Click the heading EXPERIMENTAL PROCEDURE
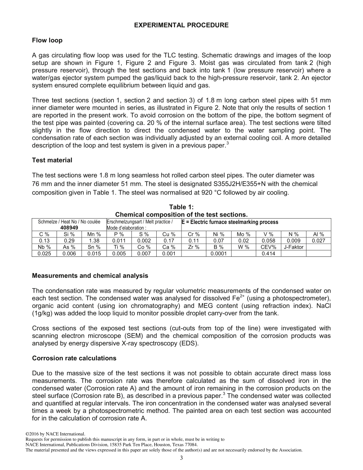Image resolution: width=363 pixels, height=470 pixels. pos(181,25)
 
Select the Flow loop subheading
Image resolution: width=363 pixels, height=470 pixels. pos(47,40)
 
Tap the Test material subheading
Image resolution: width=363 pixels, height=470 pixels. pos(52,160)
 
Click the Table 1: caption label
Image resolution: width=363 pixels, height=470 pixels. pos(181,207)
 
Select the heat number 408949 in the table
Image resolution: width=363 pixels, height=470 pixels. pos(69,228)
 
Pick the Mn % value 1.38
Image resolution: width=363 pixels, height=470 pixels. pos(94,241)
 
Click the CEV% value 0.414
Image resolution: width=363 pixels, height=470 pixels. pos(268,254)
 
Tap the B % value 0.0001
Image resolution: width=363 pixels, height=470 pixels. pos(219,254)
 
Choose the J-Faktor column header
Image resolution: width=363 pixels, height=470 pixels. pos(293,247)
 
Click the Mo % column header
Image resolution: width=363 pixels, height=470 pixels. pos(243,234)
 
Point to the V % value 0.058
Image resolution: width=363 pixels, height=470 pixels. pos(268,241)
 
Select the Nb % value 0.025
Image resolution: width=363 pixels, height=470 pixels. pos(44,254)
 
